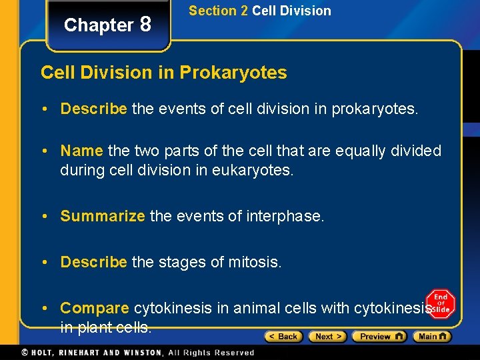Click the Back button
tap(283, 337)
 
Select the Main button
tap(432, 337)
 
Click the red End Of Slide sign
tap(441, 303)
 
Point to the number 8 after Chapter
tap(145, 25)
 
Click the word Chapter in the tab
tap(99, 25)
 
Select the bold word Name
tap(81, 151)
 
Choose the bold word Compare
tap(95, 308)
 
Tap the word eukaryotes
tap(252, 170)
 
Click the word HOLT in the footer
tap(41, 353)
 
